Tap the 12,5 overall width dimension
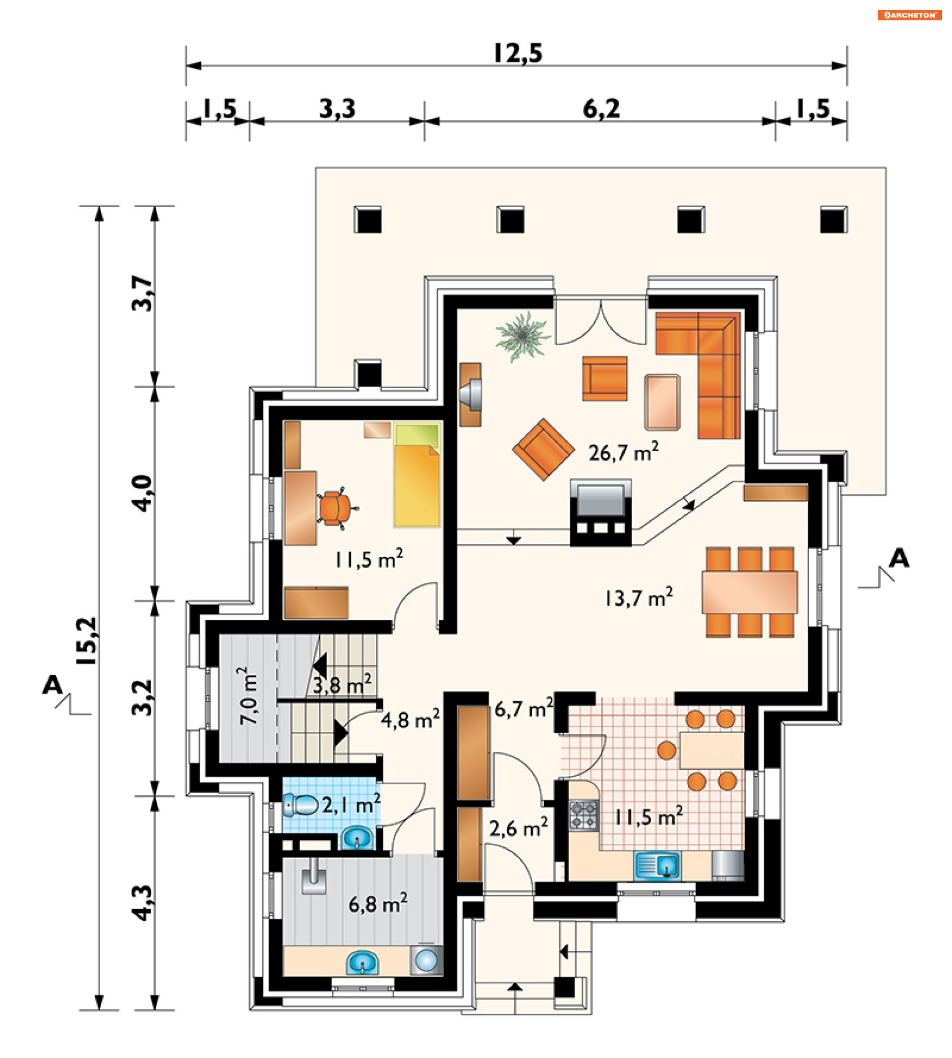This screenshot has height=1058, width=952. tap(518, 53)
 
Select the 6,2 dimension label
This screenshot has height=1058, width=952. tap(601, 109)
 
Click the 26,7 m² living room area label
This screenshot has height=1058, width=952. tap(623, 452)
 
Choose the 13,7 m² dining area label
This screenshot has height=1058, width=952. tap(639, 597)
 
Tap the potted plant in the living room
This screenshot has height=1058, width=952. tap(523, 336)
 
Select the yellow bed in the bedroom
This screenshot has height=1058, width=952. tap(417, 474)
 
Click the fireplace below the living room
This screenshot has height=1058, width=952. tap(600, 513)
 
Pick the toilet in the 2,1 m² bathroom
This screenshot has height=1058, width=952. tap(301, 805)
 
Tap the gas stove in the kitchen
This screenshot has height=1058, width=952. tap(583, 815)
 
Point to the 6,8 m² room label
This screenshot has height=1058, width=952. tap(378, 903)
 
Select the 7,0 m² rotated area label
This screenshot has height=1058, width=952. tap(248, 696)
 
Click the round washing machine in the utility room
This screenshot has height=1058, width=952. tap(426, 960)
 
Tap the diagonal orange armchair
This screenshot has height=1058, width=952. tap(543, 449)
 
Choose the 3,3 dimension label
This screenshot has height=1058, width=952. tap(337, 109)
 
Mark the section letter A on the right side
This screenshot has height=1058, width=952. tap(899, 559)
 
